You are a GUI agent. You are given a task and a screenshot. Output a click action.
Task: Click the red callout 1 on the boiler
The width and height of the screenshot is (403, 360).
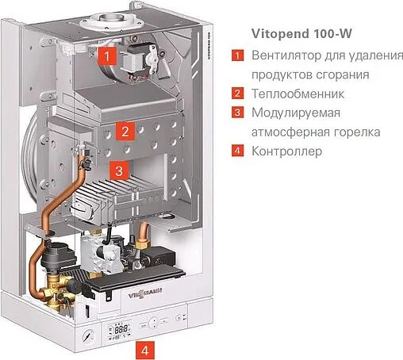pyautogui.click(x=110, y=56)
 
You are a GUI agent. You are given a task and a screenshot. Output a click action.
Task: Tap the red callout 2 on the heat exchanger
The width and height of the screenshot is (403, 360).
pyautogui.click(x=124, y=130)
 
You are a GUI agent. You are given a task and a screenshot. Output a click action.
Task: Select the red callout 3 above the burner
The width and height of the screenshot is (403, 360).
pyautogui.click(x=117, y=170)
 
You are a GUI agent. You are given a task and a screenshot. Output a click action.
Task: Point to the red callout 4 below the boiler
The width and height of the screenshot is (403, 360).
pyautogui.click(x=144, y=349)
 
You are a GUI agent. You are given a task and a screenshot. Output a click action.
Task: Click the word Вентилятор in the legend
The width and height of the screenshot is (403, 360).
pyautogui.click(x=286, y=56)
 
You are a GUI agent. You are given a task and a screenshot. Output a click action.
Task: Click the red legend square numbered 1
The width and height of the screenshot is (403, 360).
pyautogui.click(x=236, y=57)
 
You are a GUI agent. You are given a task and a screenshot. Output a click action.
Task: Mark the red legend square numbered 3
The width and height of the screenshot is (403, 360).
pyautogui.click(x=236, y=113)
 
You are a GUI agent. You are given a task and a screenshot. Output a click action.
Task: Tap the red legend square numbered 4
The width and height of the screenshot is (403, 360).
pyautogui.click(x=236, y=151)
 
